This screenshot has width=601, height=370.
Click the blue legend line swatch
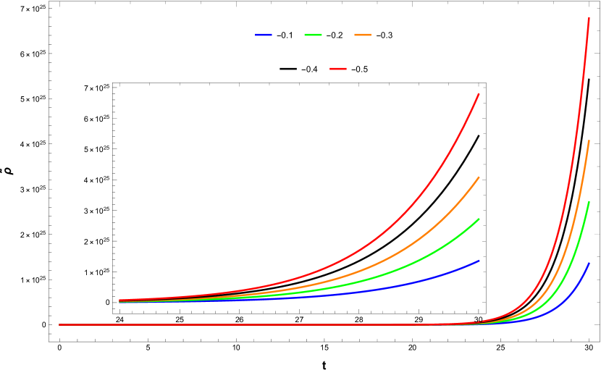264,35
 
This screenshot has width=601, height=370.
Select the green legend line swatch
313,35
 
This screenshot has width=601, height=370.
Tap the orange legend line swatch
363,35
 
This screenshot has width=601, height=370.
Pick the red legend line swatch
338,69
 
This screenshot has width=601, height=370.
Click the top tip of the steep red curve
589,18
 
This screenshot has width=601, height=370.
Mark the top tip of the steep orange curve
589,141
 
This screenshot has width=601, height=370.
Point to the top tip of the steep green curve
589,203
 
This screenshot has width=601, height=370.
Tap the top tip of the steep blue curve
589,264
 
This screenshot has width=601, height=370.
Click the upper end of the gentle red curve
479,94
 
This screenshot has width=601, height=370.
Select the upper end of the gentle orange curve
479,177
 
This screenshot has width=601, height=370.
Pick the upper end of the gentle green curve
479,219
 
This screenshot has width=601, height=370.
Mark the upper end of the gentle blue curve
479,261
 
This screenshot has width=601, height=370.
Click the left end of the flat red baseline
60,324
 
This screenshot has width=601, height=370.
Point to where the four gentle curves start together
120,301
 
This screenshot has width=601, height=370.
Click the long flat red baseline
253,324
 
